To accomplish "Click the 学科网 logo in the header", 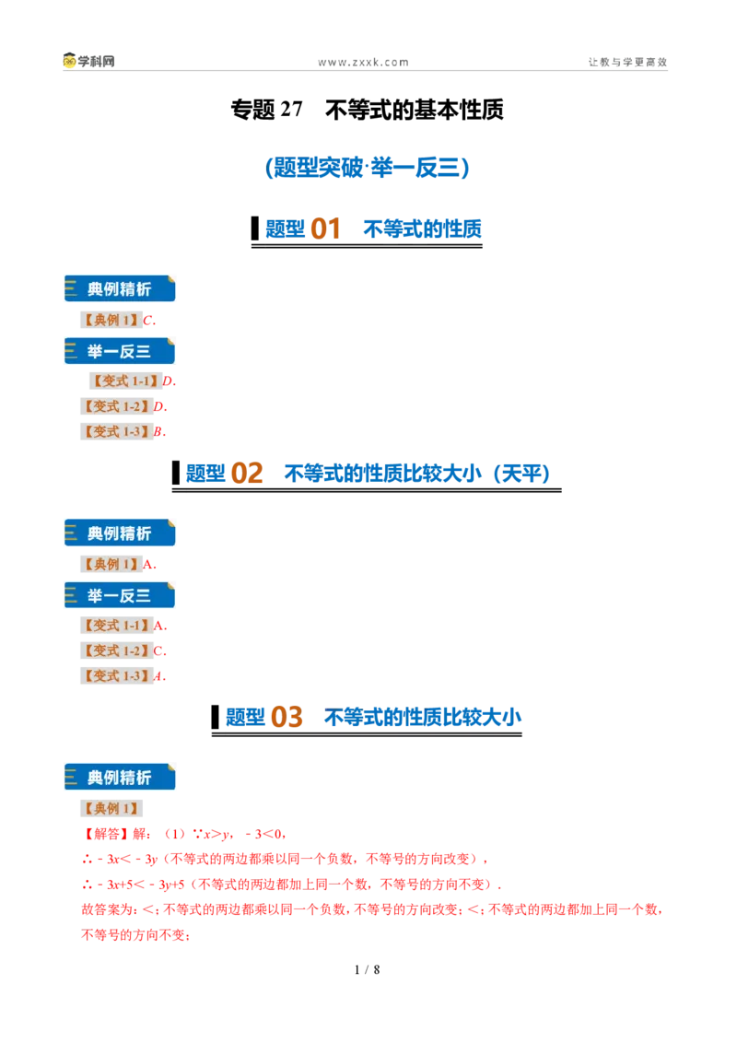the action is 89,61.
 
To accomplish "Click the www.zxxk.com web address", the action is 363,63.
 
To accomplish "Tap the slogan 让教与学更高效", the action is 627,62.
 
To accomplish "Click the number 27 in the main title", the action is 291,109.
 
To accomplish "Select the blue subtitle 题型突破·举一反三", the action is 368,167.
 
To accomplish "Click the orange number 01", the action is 325,229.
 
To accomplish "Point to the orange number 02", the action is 247,473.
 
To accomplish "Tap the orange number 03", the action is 287,717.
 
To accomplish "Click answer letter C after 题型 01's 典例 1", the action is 148,320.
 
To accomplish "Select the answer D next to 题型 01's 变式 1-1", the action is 168,381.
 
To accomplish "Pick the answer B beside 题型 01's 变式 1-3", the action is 158,432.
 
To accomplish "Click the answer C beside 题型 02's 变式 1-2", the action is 158,650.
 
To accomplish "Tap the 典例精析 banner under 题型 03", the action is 120,777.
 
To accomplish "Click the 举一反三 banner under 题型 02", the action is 120,595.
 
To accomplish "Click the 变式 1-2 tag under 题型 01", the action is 116,406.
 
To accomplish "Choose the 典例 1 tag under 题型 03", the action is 111,808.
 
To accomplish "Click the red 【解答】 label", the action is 107,834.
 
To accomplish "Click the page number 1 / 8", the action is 368,970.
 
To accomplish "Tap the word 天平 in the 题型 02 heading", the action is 521,473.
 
